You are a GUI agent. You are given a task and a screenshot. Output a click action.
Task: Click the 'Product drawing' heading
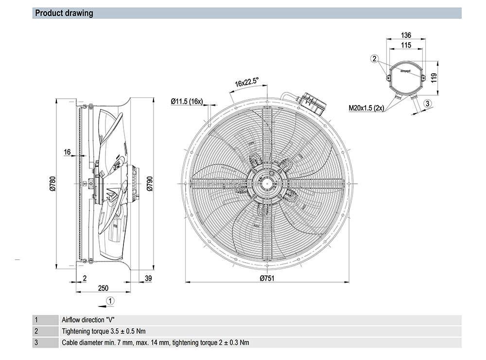click(64, 13)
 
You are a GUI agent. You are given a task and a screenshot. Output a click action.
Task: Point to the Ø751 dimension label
click(268, 278)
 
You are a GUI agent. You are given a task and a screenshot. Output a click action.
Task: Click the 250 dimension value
click(104, 288)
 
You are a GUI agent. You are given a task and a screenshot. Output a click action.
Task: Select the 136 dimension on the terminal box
click(406, 35)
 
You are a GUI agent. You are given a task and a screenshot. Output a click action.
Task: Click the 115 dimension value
click(406, 45)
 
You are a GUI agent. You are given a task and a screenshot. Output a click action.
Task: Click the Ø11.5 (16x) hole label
click(187, 102)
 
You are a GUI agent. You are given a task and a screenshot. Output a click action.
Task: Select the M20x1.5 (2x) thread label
click(366, 108)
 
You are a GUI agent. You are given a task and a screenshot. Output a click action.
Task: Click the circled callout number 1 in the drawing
click(110, 301)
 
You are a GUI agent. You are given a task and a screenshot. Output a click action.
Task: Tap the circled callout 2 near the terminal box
click(374, 59)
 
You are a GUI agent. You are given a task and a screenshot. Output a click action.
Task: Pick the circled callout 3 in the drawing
click(426, 103)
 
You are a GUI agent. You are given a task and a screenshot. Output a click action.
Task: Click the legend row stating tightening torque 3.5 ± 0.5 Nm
click(104, 331)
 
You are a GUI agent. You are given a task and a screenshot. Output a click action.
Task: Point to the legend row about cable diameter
click(156, 342)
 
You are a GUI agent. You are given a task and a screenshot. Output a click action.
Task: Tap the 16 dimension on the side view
click(68, 152)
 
